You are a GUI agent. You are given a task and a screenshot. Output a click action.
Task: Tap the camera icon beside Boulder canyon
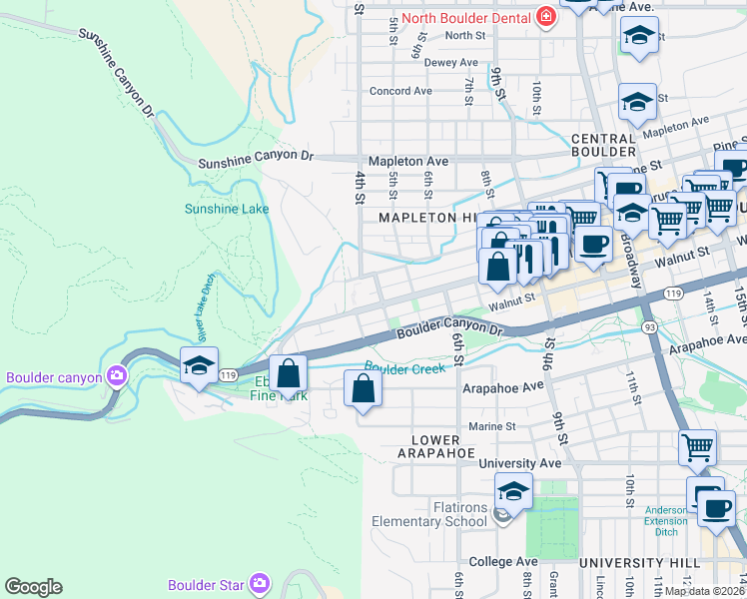118,376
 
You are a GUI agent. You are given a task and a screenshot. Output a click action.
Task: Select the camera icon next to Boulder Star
260,583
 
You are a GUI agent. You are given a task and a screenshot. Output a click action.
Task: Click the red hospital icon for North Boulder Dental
545,17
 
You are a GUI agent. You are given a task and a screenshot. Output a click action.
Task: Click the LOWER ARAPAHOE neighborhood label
435,446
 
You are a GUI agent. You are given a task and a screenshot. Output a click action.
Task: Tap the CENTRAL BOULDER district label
603,145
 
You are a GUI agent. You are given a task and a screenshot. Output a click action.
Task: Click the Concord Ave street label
400,91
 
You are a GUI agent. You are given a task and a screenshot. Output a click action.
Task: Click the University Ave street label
519,463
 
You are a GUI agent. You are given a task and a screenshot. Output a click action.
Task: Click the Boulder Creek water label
404,368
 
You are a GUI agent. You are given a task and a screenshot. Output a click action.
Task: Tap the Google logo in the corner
33,587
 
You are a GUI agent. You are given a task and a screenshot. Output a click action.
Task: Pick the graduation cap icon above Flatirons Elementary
513,491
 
